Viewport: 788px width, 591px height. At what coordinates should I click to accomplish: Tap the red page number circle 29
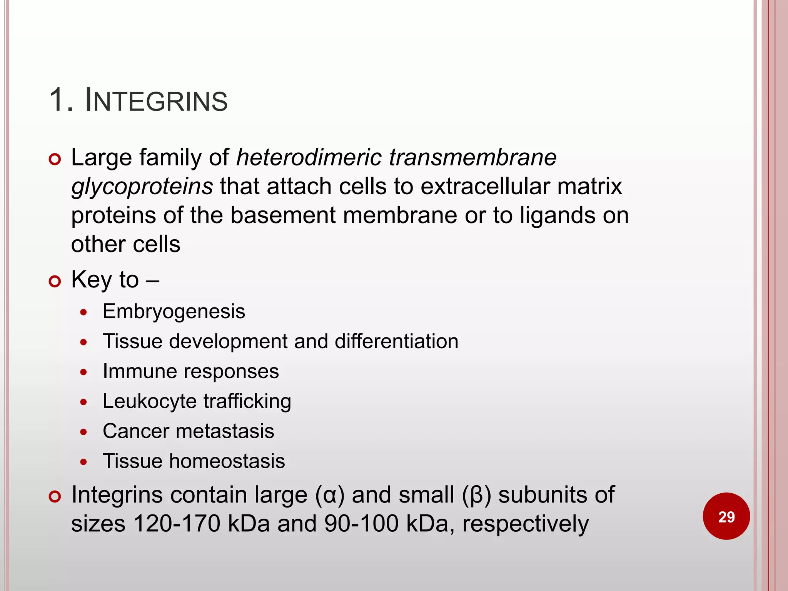click(726, 516)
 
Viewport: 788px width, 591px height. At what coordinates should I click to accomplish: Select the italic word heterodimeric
click(309, 157)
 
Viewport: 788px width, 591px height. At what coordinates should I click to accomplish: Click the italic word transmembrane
click(473, 157)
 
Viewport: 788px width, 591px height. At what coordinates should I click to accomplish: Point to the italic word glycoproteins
click(142, 187)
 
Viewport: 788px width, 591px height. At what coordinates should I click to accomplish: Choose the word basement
click(283, 215)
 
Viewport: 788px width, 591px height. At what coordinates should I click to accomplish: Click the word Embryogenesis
click(174, 311)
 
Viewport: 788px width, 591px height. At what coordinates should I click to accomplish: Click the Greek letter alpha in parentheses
click(330, 495)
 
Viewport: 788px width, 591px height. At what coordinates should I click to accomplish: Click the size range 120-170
click(177, 524)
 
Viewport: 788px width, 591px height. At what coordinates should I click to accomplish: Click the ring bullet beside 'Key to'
click(55, 281)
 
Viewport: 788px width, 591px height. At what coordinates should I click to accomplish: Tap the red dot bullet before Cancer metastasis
click(83, 432)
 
